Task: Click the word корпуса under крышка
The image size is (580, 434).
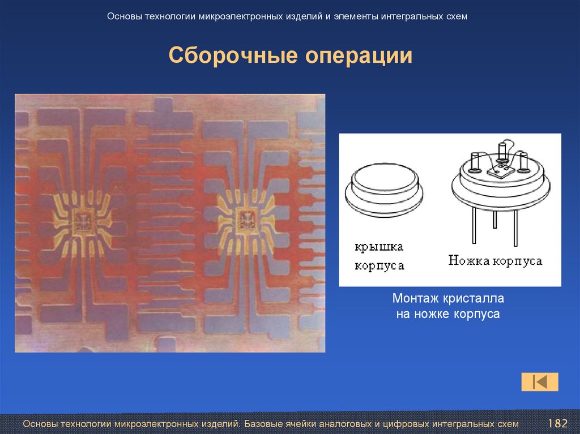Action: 379,265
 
